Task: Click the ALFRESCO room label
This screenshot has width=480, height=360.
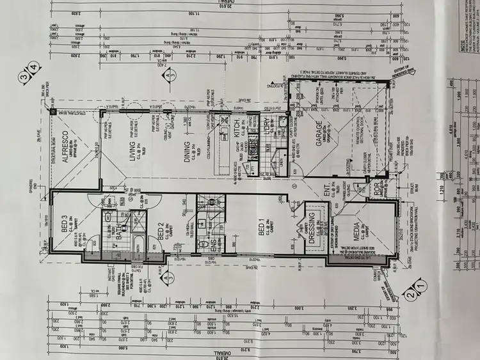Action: click(63, 144)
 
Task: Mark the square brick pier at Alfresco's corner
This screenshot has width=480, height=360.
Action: click(52, 111)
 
